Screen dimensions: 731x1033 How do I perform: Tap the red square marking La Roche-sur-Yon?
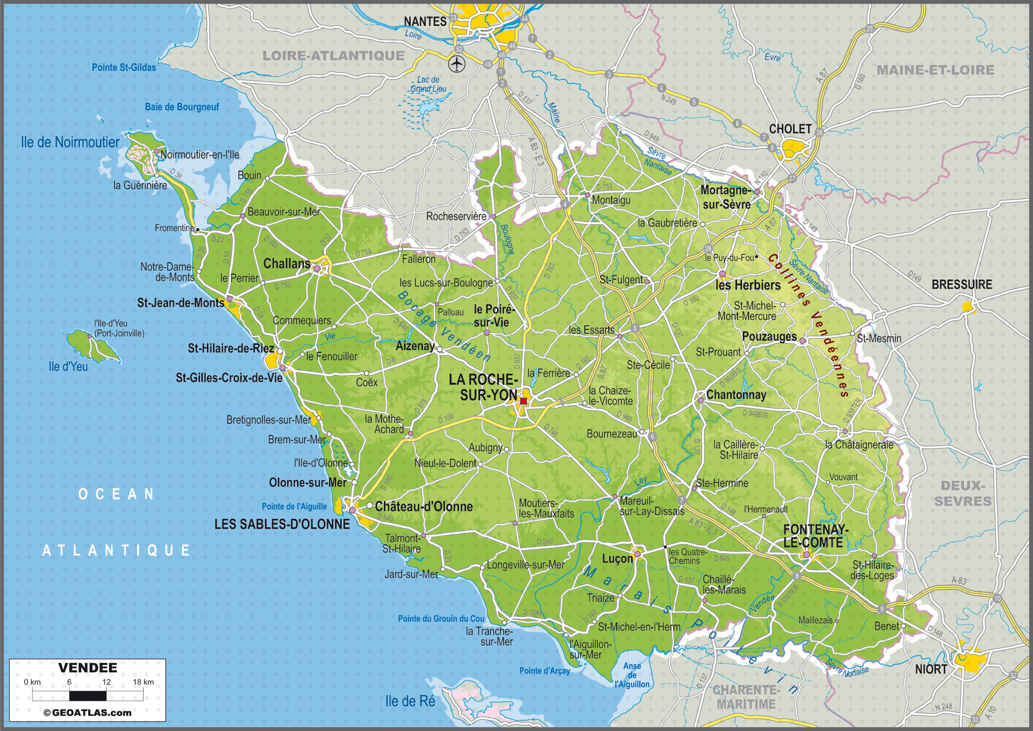coord(523,401)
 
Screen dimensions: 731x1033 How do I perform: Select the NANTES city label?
coord(425,21)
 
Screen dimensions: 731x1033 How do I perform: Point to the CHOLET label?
coord(790,129)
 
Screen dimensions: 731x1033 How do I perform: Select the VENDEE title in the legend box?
coord(88,667)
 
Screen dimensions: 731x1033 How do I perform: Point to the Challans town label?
coord(287,263)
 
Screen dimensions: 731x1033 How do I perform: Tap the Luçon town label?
coord(617,559)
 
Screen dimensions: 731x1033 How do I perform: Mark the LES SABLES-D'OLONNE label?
coord(282,524)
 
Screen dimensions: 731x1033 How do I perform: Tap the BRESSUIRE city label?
coord(961,285)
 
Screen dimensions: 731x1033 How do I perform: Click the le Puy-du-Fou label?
coord(729,258)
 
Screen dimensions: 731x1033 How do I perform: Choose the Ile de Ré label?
coord(410,701)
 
